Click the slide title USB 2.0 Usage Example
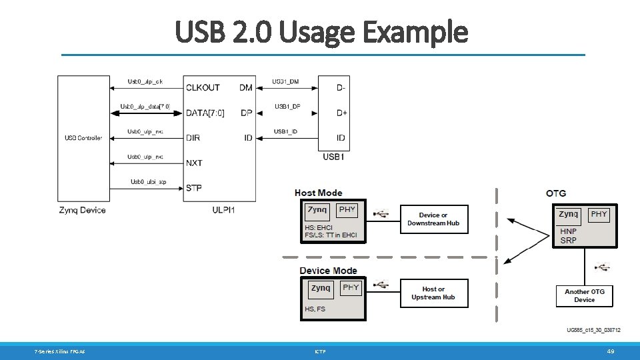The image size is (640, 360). [322, 31]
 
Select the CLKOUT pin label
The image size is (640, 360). [203, 87]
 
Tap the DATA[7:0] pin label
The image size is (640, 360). [205, 113]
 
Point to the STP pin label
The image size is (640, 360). [194, 188]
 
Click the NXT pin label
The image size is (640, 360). [194, 163]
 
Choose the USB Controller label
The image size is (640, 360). [83, 138]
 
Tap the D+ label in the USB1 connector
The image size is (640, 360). [341, 113]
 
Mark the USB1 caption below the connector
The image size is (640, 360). [333, 157]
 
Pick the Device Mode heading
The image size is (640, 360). [328, 271]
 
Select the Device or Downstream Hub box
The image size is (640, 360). [433, 219]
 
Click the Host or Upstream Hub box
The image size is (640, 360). [433, 293]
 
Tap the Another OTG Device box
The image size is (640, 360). [585, 295]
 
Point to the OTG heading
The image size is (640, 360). [555, 193]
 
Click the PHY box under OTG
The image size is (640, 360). [599, 215]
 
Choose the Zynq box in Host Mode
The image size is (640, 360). [317, 211]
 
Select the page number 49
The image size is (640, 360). [610, 351]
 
